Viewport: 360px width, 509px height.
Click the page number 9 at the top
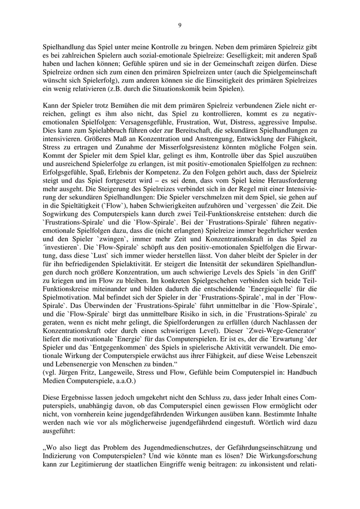[x=179, y=25]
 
